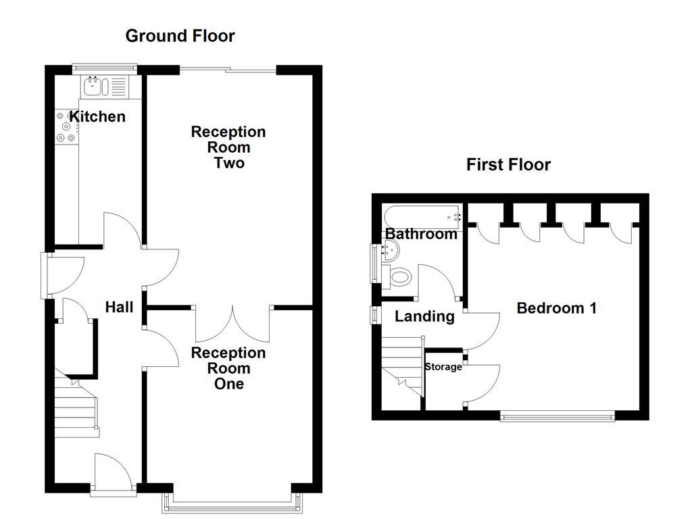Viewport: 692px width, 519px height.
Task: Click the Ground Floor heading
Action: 180,36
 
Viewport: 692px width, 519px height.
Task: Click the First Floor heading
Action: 508,164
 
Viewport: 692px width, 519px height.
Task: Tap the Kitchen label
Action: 98,116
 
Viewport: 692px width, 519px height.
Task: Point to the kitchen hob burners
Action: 66,126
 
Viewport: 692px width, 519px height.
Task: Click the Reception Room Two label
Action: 228,147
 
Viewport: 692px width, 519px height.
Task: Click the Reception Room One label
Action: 228,368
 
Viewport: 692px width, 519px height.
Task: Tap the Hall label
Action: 119,307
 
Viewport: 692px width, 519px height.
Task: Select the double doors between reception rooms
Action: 232,323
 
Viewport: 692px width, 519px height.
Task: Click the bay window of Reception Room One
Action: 232,503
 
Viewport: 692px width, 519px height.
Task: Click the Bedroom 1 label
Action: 556,308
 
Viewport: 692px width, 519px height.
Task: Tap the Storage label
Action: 443,367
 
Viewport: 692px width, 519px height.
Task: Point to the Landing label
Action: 424,316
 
